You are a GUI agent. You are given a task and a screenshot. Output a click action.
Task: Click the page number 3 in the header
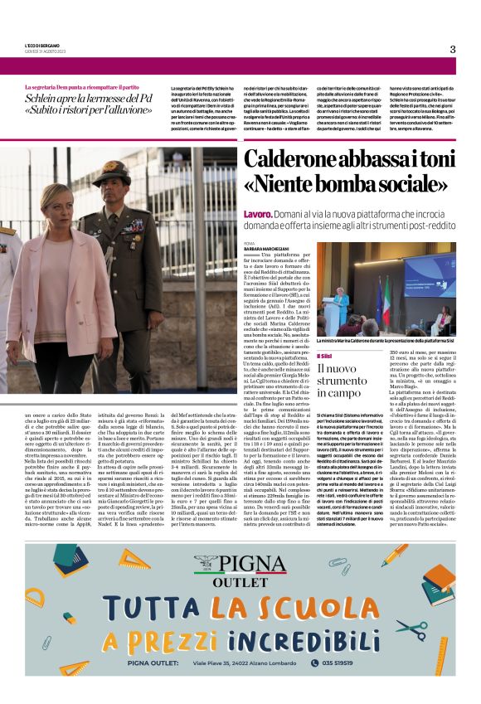[x=452, y=49]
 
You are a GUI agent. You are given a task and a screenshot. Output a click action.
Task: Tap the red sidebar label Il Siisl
[x=324, y=355]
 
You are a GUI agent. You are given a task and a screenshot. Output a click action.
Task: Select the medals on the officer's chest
[x=132, y=224]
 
